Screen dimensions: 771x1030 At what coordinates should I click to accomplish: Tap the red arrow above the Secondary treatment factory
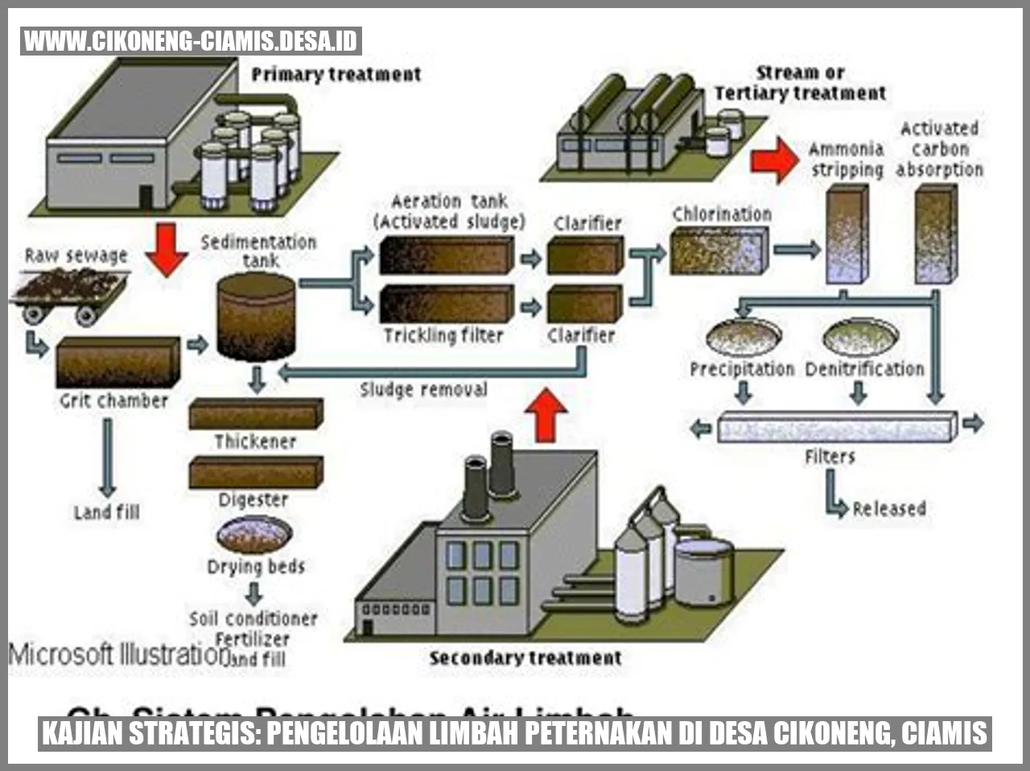click(546, 414)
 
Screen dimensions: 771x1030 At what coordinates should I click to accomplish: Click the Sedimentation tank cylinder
click(257, 316)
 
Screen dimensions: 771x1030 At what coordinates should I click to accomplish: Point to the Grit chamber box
click(117, 362)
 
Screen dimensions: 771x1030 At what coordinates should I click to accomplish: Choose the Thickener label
click(255, 441)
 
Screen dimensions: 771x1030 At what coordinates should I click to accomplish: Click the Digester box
click(256, 472)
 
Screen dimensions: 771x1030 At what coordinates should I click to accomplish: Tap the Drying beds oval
click(254, 534)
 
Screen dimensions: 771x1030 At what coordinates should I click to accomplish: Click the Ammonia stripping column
click(847, 234)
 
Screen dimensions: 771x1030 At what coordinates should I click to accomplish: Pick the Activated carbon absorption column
click(936, 234)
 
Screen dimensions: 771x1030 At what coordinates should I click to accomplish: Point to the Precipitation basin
click(744, 336)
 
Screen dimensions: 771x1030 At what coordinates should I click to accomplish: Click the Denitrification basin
click(860, 336)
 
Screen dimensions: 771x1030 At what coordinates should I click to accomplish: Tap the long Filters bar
click(837, 427)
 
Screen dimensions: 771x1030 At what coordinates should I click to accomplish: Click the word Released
click(889, 509)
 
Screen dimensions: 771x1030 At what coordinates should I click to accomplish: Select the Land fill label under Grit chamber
click(106, 512)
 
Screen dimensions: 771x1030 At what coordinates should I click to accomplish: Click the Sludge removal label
click(423, 390)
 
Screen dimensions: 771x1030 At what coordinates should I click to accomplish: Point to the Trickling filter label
click(443, 335)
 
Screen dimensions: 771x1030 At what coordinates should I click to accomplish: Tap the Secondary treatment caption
click(525, 658)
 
